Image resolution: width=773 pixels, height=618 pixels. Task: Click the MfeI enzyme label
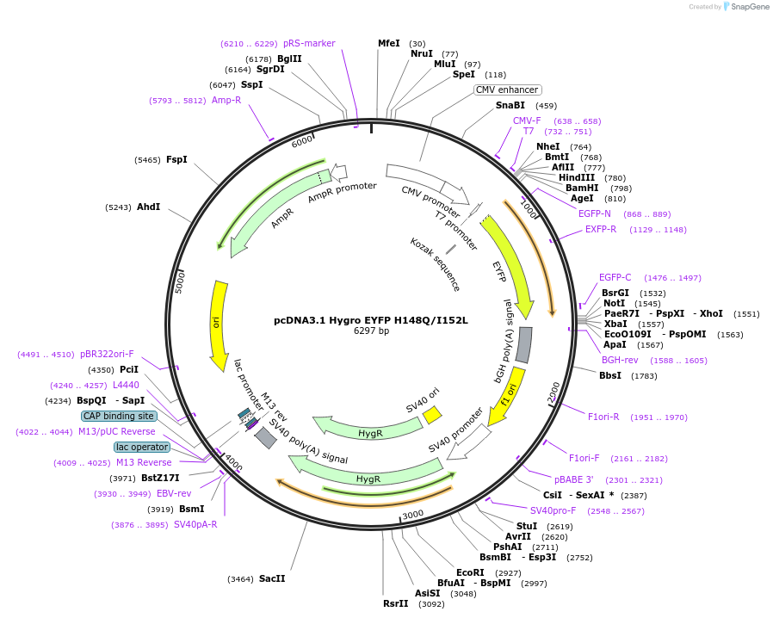[389, 43]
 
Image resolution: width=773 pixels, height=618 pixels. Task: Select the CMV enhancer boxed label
[508, 90]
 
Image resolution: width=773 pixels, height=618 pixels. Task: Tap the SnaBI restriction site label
[510, 106]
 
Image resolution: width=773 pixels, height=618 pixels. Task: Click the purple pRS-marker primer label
[309, 43]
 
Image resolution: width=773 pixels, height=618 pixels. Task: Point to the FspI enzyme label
[176, 159]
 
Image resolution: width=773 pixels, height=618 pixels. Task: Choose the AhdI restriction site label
[148, 207]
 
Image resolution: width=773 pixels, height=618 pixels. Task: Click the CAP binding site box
[119, 416]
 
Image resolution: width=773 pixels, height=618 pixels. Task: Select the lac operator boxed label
[142, 447]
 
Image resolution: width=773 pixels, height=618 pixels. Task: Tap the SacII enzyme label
[272, 578]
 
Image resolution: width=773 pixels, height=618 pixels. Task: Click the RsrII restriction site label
[396, 603]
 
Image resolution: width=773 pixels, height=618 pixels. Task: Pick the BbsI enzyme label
[610, 375]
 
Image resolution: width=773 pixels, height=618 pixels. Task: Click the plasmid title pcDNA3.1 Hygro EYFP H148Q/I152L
[371, 320]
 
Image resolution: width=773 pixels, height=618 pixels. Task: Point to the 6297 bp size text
[371, 331]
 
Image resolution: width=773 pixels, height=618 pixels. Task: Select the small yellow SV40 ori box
[432, 415]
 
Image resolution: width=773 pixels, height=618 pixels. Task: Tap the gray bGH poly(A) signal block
[523, 344]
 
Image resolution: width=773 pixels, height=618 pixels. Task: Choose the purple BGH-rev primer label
[620, 360]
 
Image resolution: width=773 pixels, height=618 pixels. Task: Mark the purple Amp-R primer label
[226, 100]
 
